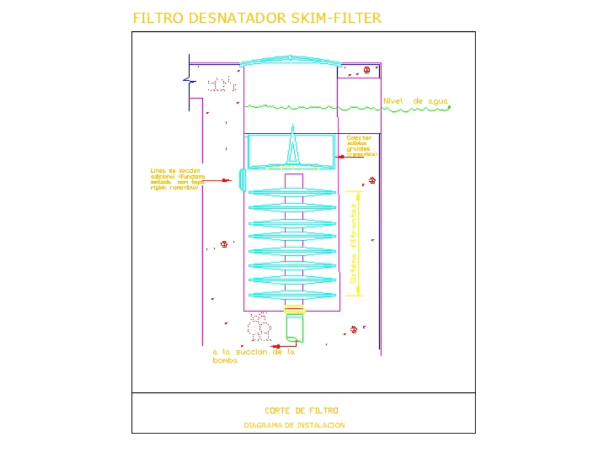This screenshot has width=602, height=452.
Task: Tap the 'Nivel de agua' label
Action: coord(415,102)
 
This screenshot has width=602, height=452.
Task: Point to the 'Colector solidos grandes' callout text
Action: coord(362,146)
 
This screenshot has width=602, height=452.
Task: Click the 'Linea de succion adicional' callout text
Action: coord(178,179)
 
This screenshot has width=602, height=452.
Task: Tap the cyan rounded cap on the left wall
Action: coord(242,179)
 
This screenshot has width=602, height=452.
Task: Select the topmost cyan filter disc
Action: coord(293,193)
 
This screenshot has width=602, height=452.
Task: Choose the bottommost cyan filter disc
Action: coord(293,295)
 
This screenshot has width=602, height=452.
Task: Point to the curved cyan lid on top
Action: coord(290,60)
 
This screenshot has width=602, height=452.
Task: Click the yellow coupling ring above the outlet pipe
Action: coord(294,309)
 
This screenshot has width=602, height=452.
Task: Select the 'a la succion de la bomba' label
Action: coord(253,356)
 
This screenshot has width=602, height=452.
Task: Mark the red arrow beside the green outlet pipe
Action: coord(276,346)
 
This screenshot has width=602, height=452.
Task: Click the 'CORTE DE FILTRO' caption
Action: coord(301,410)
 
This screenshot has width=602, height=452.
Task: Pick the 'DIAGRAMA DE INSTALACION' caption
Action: coord(294,425)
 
